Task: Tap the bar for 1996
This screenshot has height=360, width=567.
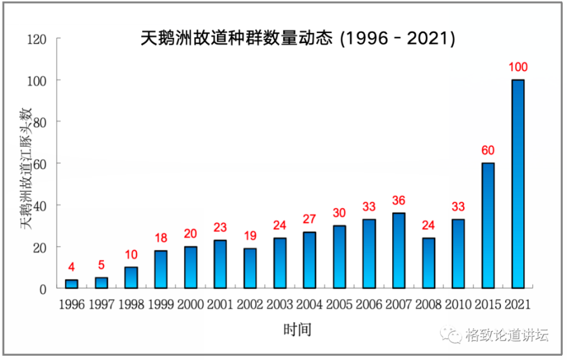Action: point(71,284)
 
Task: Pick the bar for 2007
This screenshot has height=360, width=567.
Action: point(399,250)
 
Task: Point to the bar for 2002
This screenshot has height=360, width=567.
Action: point(250,268)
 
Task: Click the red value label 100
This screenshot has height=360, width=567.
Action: point(518,67)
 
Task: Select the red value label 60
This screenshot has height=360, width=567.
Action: point(488,150)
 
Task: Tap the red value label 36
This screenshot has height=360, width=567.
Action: point(399,201)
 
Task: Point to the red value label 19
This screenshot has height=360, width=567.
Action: point(250,236)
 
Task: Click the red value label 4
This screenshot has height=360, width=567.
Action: point(71,267)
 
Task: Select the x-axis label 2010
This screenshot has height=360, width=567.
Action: point(458,305)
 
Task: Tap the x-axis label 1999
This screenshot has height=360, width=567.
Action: point(161,305)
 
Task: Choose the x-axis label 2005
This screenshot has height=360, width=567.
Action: point(339,305)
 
